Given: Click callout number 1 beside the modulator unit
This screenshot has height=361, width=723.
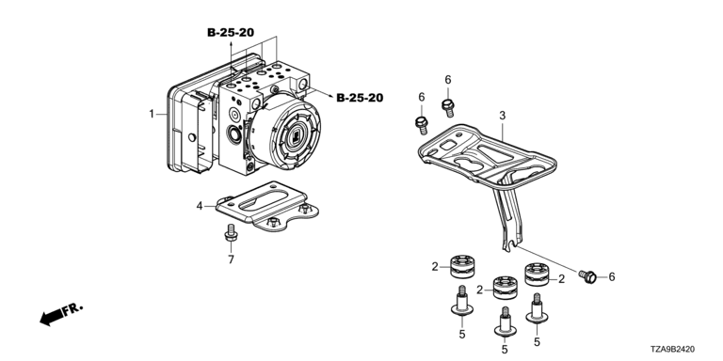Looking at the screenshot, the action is pyautogui.click(x=152, y=113).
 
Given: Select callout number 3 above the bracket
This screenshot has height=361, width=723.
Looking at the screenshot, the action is pyautogui.click(x=502, y=116).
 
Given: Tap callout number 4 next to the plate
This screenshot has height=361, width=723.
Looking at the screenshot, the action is pyautogui.click(x=200, y=206).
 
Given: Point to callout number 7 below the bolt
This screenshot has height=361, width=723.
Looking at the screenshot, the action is pyautogui.click(x=231, y=259).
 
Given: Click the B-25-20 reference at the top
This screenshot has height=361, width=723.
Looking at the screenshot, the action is pyautogui.click(x=231, y=32).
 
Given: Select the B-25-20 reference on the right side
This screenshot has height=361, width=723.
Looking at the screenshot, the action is pyautogui.click(x=360, y=98).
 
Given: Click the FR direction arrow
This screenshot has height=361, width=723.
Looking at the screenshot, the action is pyautogui.click(x=61, y=315).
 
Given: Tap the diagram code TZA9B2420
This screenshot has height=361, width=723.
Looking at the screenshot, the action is pyautogui.click(x=673, y=350).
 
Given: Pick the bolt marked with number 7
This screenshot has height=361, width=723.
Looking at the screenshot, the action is pyautogui.click(x=231, y=232).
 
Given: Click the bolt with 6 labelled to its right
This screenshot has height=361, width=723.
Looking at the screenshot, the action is pyautogui.click(x=587, y=276).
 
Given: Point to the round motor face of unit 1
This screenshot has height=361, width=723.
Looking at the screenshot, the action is pyautogui.click(x=294, y=136).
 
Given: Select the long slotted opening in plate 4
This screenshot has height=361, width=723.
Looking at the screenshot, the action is pyautogui.click(x=263, y=202).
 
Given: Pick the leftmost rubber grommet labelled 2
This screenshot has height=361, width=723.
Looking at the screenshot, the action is pyautogui.click(x=463, y=266).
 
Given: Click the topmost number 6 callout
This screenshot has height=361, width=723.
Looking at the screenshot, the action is pyautogui.click(x=448, y=80).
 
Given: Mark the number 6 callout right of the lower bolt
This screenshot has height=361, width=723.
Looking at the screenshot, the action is pyautogui.click(x=612, y=276).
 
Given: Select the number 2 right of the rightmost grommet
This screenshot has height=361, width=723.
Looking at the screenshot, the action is pyautogui.click(x=561, y=278).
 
